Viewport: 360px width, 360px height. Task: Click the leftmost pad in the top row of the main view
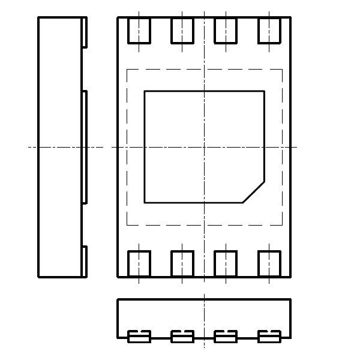click(139, 31)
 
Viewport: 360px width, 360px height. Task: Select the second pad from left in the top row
click(182, 31)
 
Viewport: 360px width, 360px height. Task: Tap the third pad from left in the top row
click(226, 31)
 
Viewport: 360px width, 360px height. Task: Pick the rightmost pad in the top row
click(269, 31)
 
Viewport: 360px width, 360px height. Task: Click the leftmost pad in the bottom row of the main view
click(139, 263)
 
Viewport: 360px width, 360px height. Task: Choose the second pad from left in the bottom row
click(182, 263)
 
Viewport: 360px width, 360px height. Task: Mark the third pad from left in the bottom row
click(226, 263)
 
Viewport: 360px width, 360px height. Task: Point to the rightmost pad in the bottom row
click(269, 263)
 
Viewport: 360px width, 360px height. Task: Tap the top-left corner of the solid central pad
click(145, 91)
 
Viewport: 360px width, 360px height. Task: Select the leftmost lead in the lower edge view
click(139, 336)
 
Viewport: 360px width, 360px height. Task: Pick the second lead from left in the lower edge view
click(182, 336)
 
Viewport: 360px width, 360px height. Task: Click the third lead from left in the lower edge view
click(226, 336)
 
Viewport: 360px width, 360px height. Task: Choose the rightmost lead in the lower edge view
click(269, 336)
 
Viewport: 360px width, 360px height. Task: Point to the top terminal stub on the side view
click(85, 32)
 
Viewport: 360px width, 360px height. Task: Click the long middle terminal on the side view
click(85, 147)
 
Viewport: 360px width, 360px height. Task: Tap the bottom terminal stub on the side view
click(85, 262)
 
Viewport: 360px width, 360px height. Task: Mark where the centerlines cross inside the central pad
click(205, 147)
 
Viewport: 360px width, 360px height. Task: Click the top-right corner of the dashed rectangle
click(283, 69)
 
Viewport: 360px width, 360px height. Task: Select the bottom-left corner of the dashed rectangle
click(127, 225)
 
